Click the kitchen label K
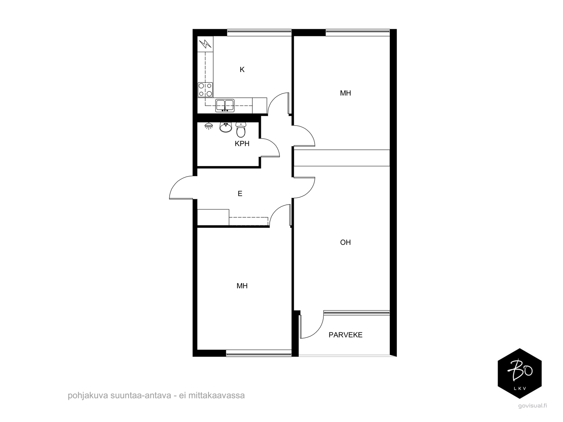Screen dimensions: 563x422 242,69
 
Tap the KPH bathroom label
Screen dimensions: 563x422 242,144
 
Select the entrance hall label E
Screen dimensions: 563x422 240,193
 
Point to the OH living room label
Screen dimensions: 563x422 345,242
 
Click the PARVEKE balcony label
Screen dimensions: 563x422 346,335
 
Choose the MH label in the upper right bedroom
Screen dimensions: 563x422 345,93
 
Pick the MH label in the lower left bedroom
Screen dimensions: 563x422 242,286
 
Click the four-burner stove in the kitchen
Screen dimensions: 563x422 205,90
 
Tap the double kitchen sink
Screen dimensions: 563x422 225,105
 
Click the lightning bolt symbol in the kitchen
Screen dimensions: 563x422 205,44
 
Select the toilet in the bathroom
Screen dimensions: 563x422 241,130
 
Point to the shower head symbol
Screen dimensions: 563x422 209,126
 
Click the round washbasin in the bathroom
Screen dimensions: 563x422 226,127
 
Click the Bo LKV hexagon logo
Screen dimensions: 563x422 520,373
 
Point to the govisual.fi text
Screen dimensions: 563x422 532,405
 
